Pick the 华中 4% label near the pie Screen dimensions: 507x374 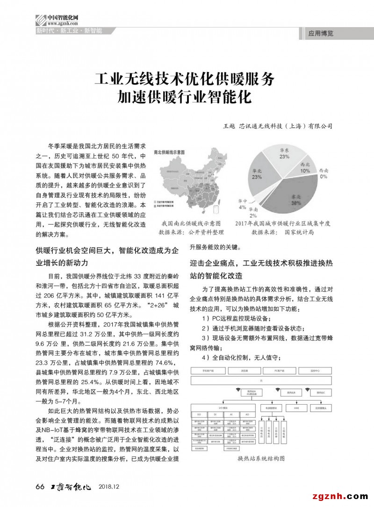coord(242,204)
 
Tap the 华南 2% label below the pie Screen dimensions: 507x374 coord(253,213)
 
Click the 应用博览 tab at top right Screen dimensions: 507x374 coord(321,34)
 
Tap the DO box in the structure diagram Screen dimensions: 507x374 coord(199,414)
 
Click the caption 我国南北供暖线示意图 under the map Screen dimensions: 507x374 coord(191,223)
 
